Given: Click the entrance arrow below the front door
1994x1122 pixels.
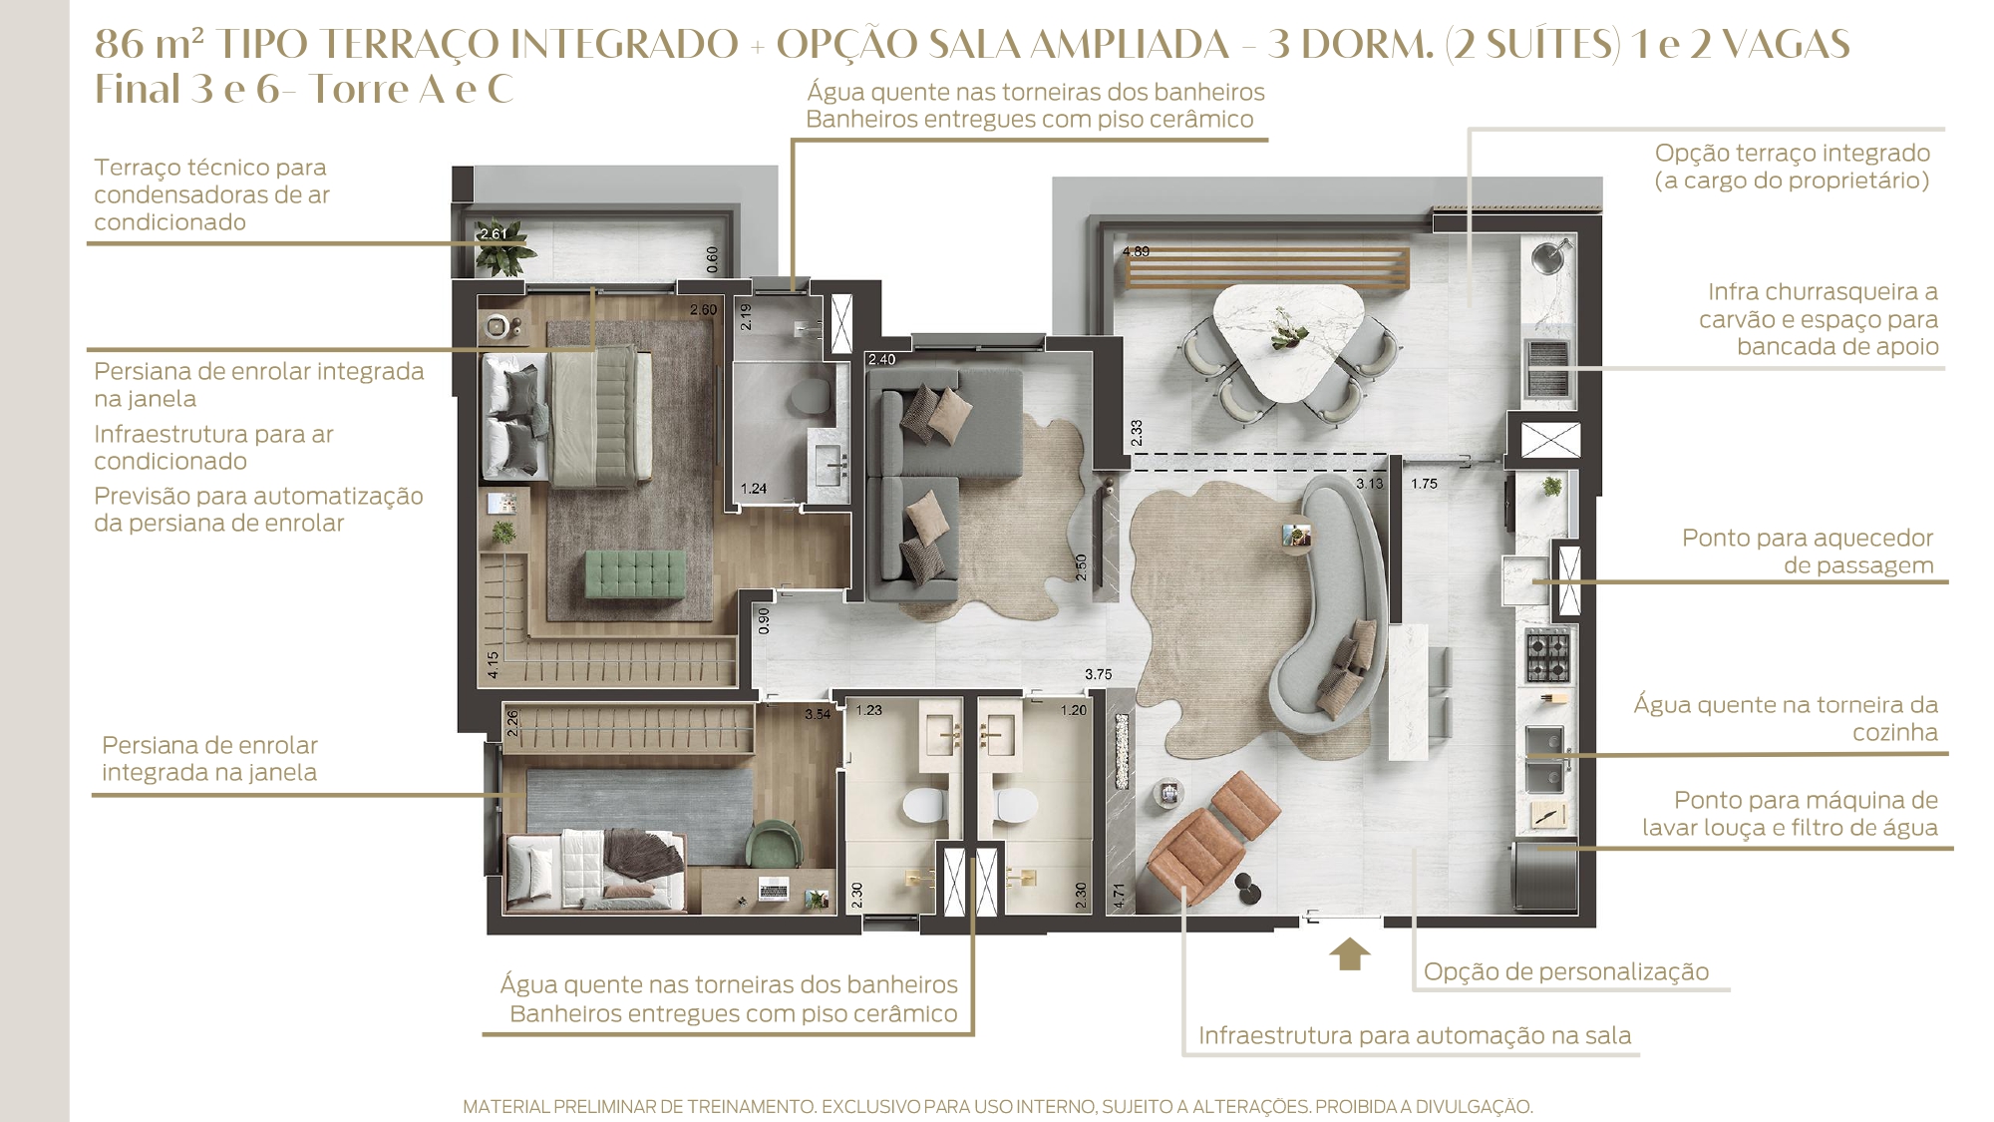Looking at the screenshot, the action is point(1349,953).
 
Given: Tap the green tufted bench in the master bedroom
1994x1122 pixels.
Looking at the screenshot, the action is point(634,573).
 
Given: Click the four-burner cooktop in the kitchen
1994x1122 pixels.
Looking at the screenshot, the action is point(1547,655).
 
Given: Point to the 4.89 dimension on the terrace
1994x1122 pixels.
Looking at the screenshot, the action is point(1136,251).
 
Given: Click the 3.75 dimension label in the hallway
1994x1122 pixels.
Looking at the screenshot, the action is point(1098,674).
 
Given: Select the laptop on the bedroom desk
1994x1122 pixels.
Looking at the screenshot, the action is point(773,887).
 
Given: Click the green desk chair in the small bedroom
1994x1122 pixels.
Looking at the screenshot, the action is point(774,844).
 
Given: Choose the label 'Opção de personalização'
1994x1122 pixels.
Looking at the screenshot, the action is point(1565,971).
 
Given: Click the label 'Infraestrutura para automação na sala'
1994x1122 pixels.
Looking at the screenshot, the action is point(1415,1035).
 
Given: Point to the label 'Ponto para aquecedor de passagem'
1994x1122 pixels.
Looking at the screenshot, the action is point(1808,551).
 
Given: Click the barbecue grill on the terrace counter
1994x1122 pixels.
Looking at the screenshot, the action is point(1548,366).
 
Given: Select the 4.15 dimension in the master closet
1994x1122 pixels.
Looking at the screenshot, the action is point(493,664).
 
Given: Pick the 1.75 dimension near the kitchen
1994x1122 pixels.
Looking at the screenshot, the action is point(1424,484).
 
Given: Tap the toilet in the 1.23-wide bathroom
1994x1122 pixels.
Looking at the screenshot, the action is point(924,805).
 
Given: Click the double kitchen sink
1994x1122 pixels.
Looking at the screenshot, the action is point(1546,758).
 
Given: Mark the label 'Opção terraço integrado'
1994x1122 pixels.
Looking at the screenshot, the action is point(1793,153).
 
